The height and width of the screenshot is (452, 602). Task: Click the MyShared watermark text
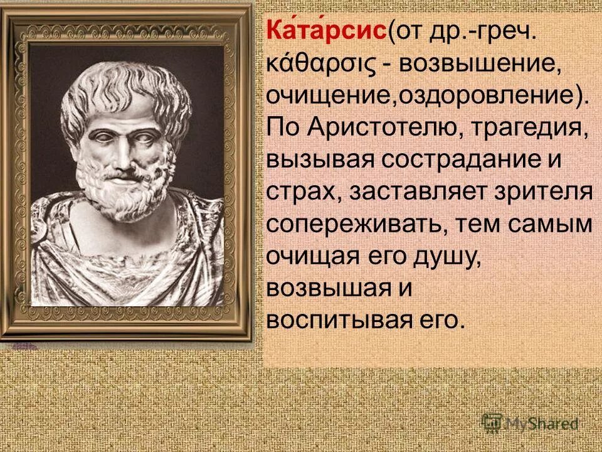pyautogui.click(x=540, y=423)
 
